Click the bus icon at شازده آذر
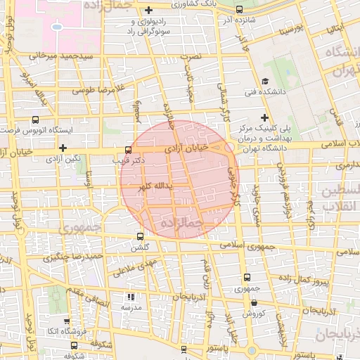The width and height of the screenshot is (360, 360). (240, 10)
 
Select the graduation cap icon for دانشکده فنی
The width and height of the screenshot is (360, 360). (265, 81)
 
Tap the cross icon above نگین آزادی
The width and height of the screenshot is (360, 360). (63, 148)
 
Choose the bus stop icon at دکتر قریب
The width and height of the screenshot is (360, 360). (127, 150)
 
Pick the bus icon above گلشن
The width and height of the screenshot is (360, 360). (140, 236)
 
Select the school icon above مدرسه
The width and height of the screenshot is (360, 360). (129, 297)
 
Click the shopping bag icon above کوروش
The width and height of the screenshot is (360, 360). (253, 303)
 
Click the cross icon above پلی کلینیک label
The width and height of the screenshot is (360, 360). (264, 117)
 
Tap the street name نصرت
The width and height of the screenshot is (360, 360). (191, 55)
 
